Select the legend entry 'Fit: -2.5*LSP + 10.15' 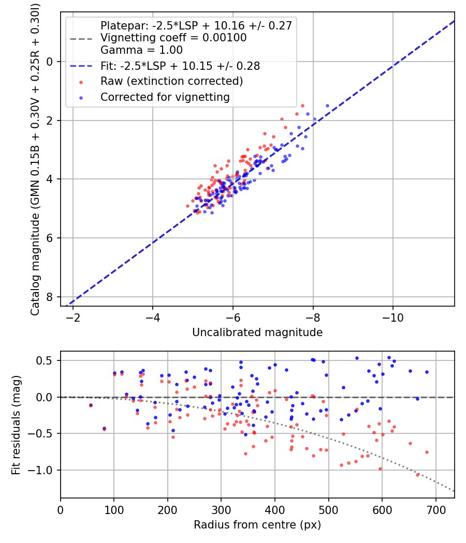pyautogui.click(x=180, y=66)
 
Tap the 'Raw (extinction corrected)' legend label pyautogui.click(x=171, y=81)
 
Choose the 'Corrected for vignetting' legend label pyautogui.click(x=165, y=97)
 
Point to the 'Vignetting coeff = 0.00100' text pyautogui.click(x=173, y=38)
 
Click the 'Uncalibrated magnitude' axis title pyautogui.click(x=257, y=333)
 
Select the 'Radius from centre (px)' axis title pyautogui.click(x=257, y=525)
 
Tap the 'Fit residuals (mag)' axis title pyautogui.click(x=16, y=425)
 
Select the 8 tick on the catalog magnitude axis pyautogui.click(x=50, y=297)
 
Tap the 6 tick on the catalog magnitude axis pyautogui.click(x=50, y=238)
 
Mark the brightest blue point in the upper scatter pyautogui.click(x=327, y=105)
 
